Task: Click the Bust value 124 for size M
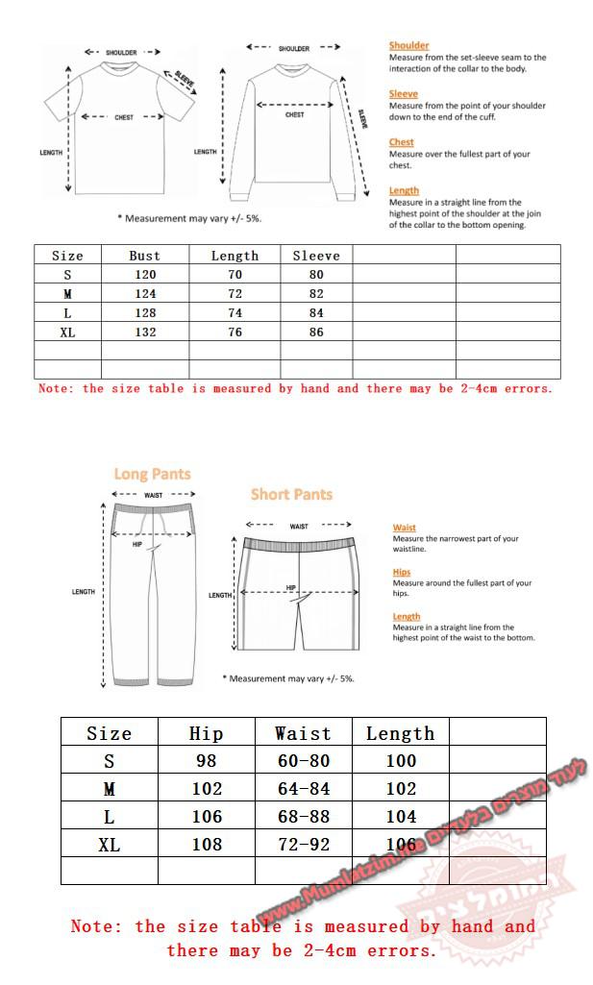click(x=145, y=294)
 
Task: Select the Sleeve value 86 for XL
click(x=316, y=332)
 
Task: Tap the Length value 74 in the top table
click(x=235, y=313)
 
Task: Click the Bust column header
click(x=145, y=256)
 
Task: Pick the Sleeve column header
click(x=316, y=256)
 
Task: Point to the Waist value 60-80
click(x=303, y=761)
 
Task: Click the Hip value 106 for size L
click(x=206, y=817)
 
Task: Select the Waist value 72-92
click(x=303, y=845)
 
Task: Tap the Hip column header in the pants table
click(x=206, y=733)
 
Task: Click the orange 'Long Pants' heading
click(x=152, y=474)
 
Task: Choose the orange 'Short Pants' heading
click(x=291, y=495)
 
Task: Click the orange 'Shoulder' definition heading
click(x=408, y=45)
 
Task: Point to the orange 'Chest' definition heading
click(x=401, y=142)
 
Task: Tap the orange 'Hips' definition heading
click(x=401, y=572)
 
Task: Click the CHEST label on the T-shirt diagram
click(x=124, y=117)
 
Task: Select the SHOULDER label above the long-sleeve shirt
click(x=294, y=48)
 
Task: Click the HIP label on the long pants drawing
click(x=137, y=544)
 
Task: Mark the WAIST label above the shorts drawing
click(x=299, y=527)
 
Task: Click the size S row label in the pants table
click(x=109, y=761)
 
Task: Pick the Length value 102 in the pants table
click(x=400, y=789)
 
